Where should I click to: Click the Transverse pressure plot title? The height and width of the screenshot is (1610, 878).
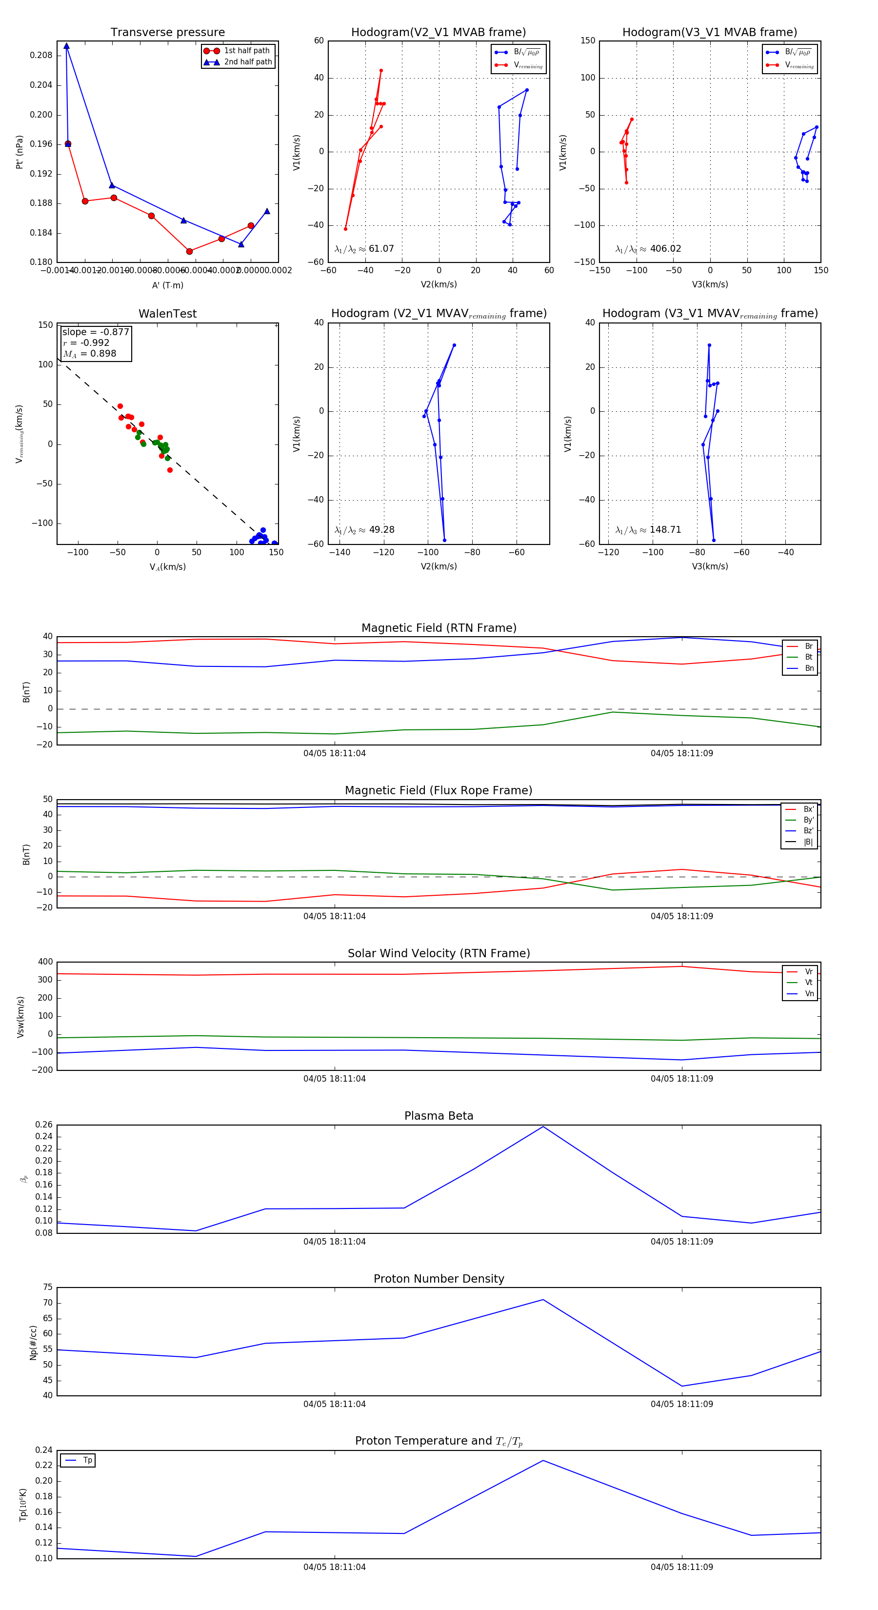tap(167, 33)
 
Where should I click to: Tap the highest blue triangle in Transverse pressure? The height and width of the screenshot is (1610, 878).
tap(66, 46)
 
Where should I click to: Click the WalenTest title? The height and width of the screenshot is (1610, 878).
tap(167, 314)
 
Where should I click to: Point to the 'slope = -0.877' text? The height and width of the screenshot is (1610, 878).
tap(95, 332)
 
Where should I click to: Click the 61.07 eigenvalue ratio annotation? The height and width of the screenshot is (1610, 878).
tap(364, 249)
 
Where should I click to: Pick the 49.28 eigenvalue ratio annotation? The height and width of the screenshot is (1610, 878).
tap(364, 530)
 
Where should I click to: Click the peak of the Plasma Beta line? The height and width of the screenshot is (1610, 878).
tap(543, 1127)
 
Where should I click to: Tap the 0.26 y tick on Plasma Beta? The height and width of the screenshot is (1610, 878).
tap(44, 1125)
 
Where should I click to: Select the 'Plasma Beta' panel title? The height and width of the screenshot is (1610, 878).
tap(439, 1116)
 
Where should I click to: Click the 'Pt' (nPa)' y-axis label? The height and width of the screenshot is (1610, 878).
tap(20, 152)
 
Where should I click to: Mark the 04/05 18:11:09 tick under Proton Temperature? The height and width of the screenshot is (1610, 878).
tap(682, 1567)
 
